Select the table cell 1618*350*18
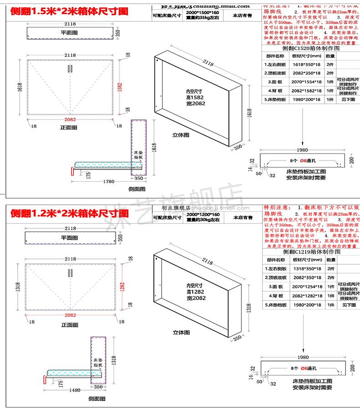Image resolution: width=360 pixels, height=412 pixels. point(306,64)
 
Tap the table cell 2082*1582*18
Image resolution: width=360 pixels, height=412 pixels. point(306,91)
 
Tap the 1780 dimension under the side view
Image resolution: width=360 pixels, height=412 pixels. point(108,182)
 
